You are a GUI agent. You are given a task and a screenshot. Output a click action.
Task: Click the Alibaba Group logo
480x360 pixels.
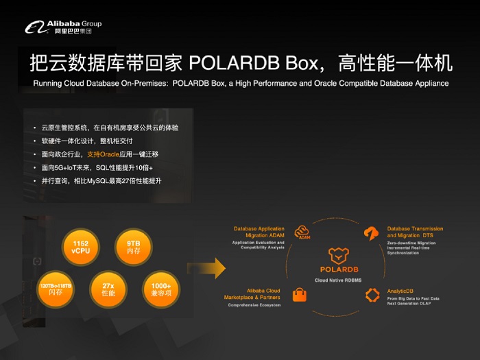64,27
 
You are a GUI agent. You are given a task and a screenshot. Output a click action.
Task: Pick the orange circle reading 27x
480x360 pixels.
108,289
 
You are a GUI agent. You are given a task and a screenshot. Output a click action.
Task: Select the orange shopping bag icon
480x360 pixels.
300,295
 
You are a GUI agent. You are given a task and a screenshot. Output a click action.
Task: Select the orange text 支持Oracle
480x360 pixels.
103,154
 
